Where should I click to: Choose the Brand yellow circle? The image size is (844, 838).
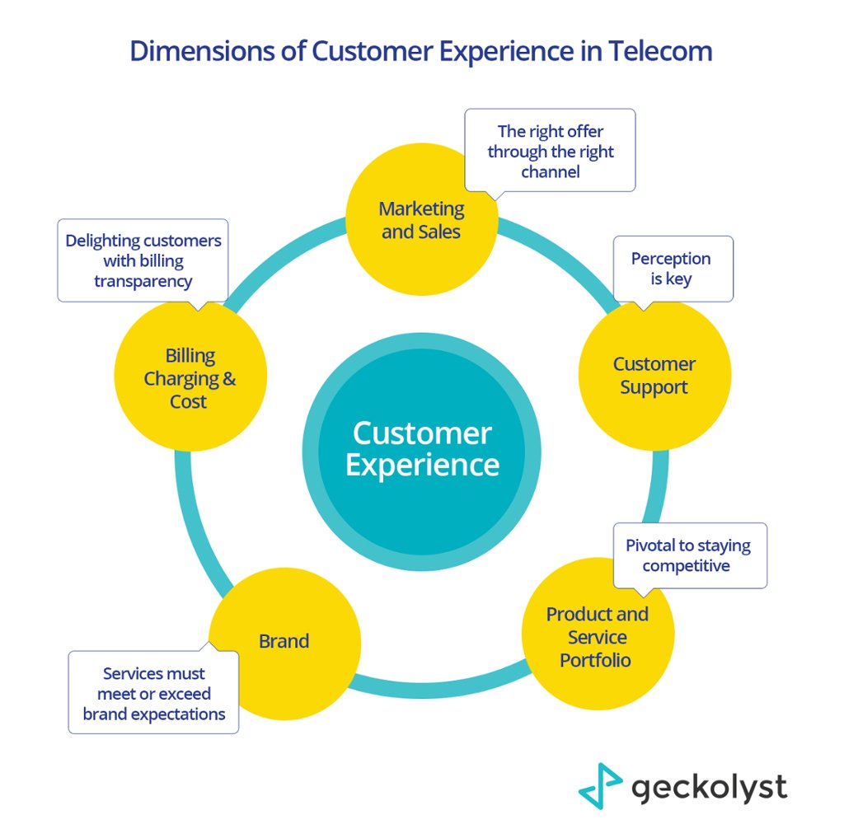pos(284,641)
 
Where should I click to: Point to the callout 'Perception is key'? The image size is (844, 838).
pos(673,269)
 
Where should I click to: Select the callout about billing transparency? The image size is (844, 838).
pos(143,260)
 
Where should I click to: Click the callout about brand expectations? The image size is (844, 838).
pos(153,693)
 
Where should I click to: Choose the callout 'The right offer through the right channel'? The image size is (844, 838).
pos(550,151)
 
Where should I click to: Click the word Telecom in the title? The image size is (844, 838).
pos(661,51)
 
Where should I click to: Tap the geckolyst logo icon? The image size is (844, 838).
pos(599,786)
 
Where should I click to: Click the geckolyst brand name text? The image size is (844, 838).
pos(709,787)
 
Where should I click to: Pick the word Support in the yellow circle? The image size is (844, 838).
pos(654,387)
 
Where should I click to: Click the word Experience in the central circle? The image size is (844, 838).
pos(421,465)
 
